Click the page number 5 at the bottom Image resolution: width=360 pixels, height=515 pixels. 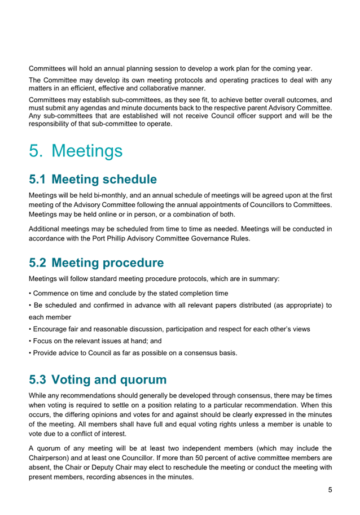[x=330, y=490]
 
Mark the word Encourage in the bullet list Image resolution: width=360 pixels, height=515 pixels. [x=54, y=329]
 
